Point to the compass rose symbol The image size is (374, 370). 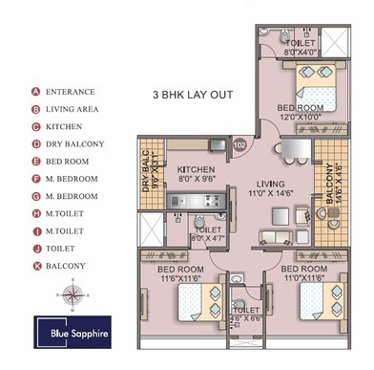coord(71,293)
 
